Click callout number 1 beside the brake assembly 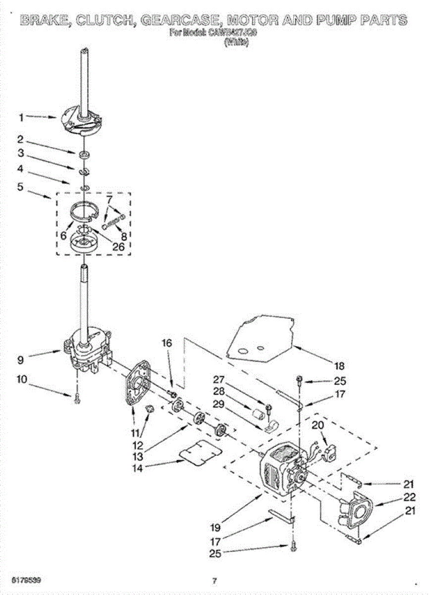(21, 118)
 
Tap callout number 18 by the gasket (339, 366)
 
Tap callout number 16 (167, 343)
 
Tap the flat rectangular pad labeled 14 (200, 452)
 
